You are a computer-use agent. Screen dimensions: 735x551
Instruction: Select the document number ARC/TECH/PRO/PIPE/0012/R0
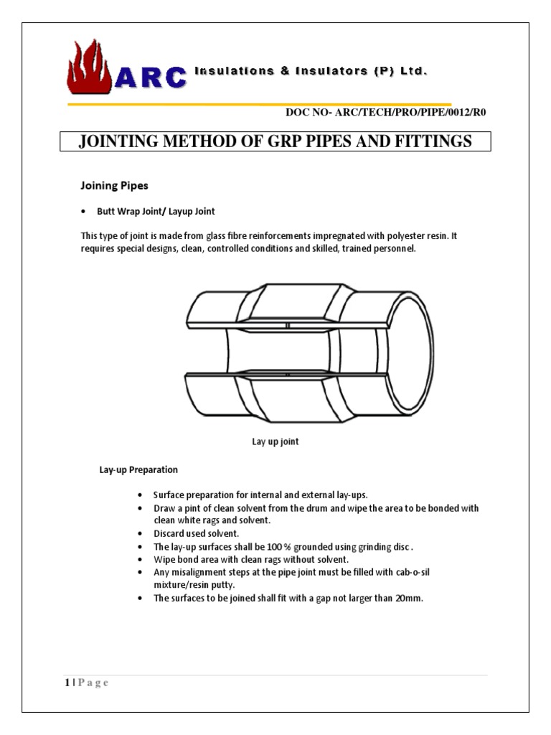(x=410, y=112)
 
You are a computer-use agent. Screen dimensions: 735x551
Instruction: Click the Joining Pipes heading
(x=113, y=186)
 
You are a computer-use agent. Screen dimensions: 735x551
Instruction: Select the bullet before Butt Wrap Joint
(x=85, y=212)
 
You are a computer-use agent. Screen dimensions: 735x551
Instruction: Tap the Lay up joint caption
(x=275, y=442)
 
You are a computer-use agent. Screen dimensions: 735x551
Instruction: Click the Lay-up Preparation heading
(x=138, y=470)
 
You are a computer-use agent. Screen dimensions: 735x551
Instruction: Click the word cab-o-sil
(x=413, y=573)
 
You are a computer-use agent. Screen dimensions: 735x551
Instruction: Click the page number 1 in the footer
(x=65, y=683)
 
